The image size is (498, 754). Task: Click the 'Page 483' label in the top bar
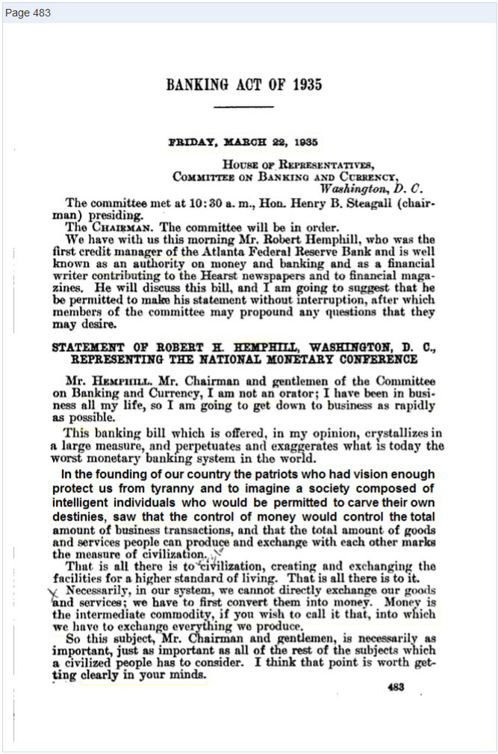point(28,13)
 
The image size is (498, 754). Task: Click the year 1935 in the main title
point(305,84)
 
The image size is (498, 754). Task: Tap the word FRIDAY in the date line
point(193,142)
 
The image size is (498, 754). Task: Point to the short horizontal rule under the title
point(243,107)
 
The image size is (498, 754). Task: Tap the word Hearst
point(243,275)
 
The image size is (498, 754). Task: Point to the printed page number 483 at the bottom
point(396,687)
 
